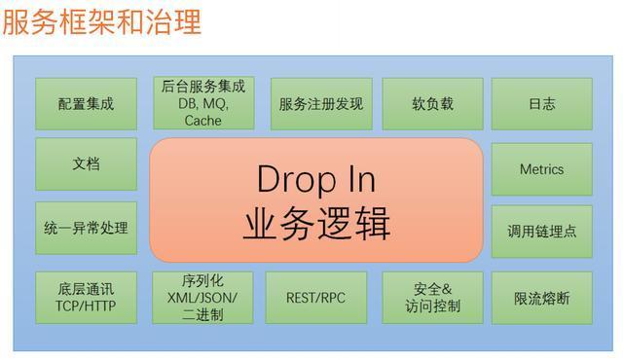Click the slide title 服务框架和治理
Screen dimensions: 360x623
coord(101,21)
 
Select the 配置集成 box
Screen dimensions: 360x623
coord(86,103)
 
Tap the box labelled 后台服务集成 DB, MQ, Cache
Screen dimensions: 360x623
coord(202,103)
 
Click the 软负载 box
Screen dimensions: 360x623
coord(432,103)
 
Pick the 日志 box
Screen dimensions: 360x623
coord(541,103)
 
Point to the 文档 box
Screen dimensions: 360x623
coord(86,164)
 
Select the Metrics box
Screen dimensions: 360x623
coord(541,169)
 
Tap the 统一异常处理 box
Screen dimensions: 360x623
coord(86,230)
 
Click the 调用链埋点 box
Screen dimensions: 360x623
coord(541,232)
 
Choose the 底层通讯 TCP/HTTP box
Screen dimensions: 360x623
coord(86,297)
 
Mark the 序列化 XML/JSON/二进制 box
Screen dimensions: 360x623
coord(202,297)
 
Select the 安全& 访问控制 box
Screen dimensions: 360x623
coord(432,297)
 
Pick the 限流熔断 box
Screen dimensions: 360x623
coord(541,297)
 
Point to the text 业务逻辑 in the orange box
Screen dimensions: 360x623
coord(316,224)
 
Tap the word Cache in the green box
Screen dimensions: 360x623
coord(202,121)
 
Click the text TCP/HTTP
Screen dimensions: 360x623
coord(86,306)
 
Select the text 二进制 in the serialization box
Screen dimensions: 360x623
coord(202,314)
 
